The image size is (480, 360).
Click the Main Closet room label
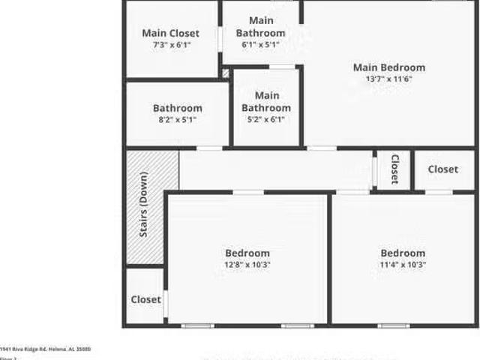tap(170, 33)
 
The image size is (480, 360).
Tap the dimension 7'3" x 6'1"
tap(170, 45)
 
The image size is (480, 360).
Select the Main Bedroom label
tap(388, 67)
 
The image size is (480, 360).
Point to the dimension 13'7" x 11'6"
tap(388, 79)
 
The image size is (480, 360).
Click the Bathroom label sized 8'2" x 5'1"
tap(177, 108)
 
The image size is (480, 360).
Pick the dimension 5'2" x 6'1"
tap(266, 119)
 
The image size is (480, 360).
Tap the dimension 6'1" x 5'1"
tap(260, 45)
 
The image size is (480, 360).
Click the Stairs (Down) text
tap(143, 205)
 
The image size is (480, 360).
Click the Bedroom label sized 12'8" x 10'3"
tap(247, 253)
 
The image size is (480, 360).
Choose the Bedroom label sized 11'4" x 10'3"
tap(402, 253)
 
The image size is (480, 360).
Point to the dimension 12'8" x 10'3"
tap(247, 264)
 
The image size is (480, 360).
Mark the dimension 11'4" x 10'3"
tap(402, 264)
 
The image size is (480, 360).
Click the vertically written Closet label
tap(394, 169)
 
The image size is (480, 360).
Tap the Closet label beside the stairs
tap(145, 299)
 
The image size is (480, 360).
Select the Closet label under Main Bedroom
tap(442, 169)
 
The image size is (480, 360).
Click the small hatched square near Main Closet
tap(226, 73)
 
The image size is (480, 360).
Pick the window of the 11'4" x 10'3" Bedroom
tap(393, 325)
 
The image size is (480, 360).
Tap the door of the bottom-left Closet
tap(165, 303)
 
